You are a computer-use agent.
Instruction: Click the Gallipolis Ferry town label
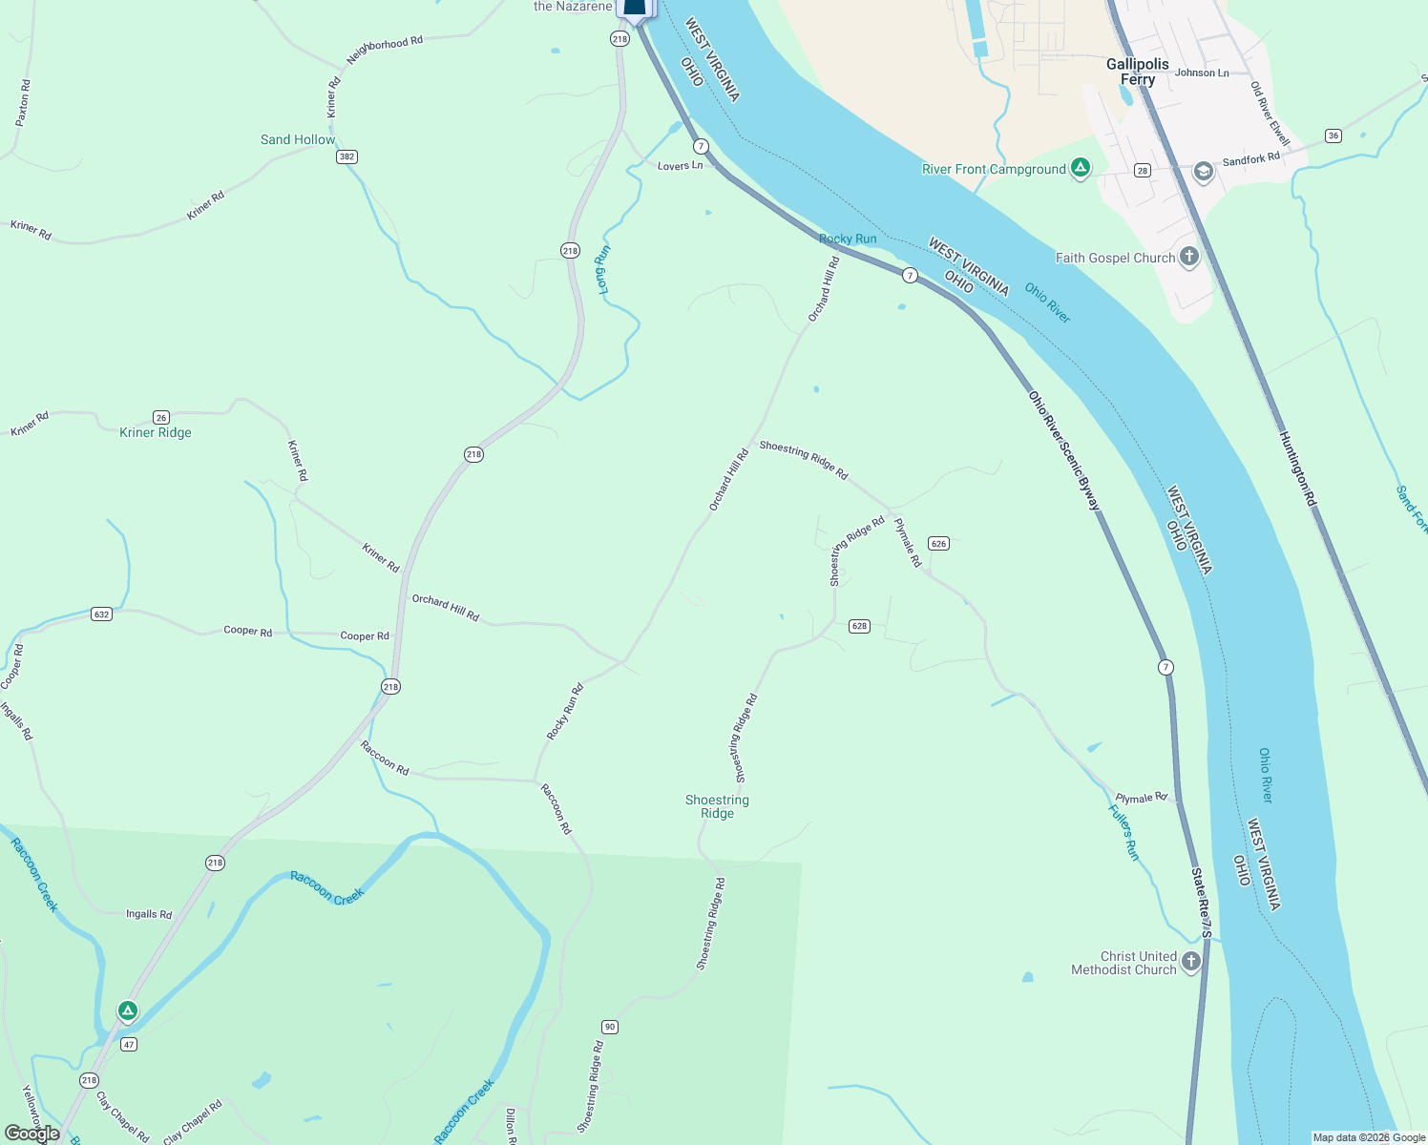[1137, 72]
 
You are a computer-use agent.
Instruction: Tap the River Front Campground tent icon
[1080, 169]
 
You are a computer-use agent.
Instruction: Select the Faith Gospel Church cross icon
[1188, 257]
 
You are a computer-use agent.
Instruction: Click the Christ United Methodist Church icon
[1190, 962]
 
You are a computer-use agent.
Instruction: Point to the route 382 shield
[346, 156]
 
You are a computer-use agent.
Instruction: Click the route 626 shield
[938, 544]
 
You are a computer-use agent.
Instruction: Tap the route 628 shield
[859, 626]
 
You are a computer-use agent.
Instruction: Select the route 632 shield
[102, 614]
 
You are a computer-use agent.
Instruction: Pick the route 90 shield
[610, 1027]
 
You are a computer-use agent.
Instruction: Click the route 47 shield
[129, 1044]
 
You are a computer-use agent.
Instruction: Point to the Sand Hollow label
[298, 139]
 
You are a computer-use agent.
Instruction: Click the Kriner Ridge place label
[156, 432]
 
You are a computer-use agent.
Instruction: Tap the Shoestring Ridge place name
[717, 806]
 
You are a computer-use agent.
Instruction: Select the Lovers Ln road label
[680, 166]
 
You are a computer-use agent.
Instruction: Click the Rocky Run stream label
[848, 239]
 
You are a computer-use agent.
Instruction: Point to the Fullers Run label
[1123, 832]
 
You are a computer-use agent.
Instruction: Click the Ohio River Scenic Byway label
[1064, 450]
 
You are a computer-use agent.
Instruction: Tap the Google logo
[31, 1134]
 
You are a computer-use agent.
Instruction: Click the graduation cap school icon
[1203, 171]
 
